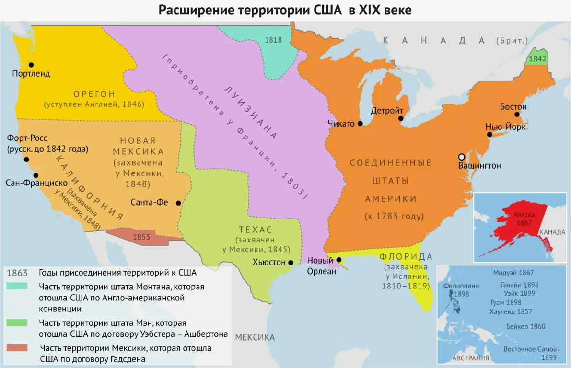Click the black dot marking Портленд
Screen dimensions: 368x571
pos(31,65)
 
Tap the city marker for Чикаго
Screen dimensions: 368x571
pos(360,123)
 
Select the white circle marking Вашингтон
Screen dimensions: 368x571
pos(461,157)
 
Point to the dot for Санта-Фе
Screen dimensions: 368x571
pos(178,202)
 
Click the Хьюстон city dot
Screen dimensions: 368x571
pos(291,262)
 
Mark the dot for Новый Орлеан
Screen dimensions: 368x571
pos(339,260)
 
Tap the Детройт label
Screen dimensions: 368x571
pos(386,111)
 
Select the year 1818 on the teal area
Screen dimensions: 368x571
pos(273,40)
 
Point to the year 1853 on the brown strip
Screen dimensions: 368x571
pos(141,237)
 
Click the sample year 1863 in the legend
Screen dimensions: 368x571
pos(17,273)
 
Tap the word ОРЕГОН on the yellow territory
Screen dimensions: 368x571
pos(94,94)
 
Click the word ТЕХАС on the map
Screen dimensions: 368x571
pos(256,230)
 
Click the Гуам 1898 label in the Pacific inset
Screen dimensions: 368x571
pos(506,302)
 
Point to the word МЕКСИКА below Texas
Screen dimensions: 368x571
pos(255,337)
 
